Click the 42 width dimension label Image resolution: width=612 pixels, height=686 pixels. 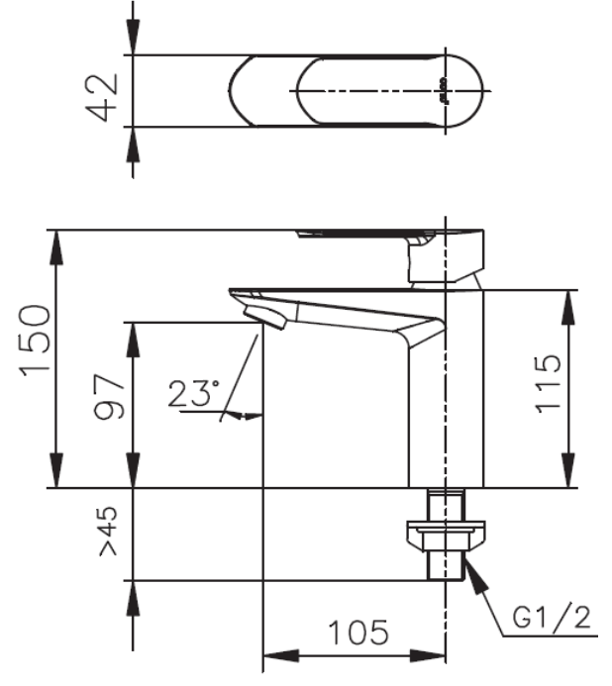coord(104,91)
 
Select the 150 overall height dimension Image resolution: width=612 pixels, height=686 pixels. coord(37,339)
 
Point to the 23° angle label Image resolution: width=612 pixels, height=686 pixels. coord(192,394)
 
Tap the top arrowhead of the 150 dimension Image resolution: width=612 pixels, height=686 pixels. coord(57,244)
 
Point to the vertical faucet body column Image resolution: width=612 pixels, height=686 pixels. coord(446,396)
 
